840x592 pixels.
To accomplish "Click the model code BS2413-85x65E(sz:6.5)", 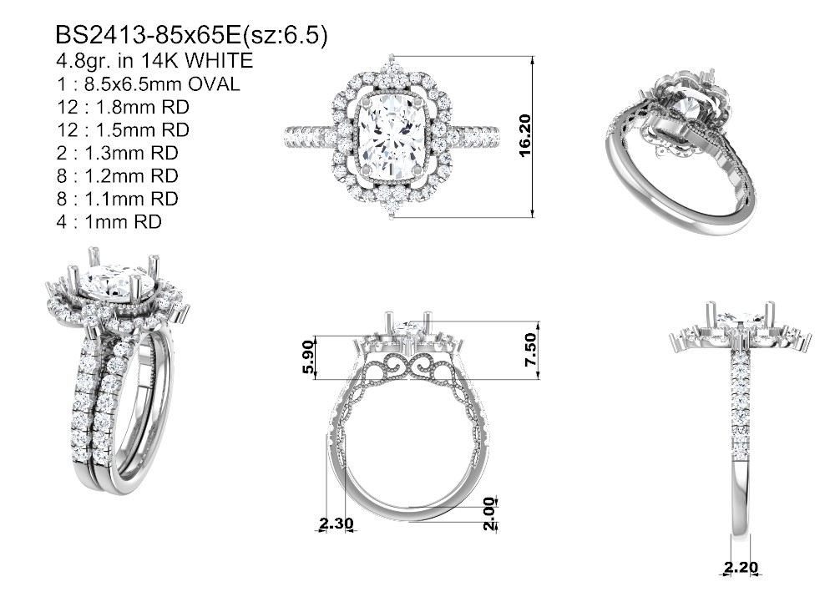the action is pos(192,36).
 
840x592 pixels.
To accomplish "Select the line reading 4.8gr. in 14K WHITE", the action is pos(154,61).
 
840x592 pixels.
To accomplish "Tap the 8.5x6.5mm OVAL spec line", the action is pos(149,84).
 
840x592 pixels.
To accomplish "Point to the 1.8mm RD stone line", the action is pos(124,107).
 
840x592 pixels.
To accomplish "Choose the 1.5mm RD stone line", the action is pos(124,130).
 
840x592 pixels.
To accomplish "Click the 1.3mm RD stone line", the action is pos(118,154).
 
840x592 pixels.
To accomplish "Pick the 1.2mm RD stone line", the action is pos(118,176).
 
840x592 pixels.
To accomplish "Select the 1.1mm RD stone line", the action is pos(118,200).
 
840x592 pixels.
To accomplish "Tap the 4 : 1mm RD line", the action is pos(109,222).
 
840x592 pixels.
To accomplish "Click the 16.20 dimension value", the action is pos(525,135).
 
